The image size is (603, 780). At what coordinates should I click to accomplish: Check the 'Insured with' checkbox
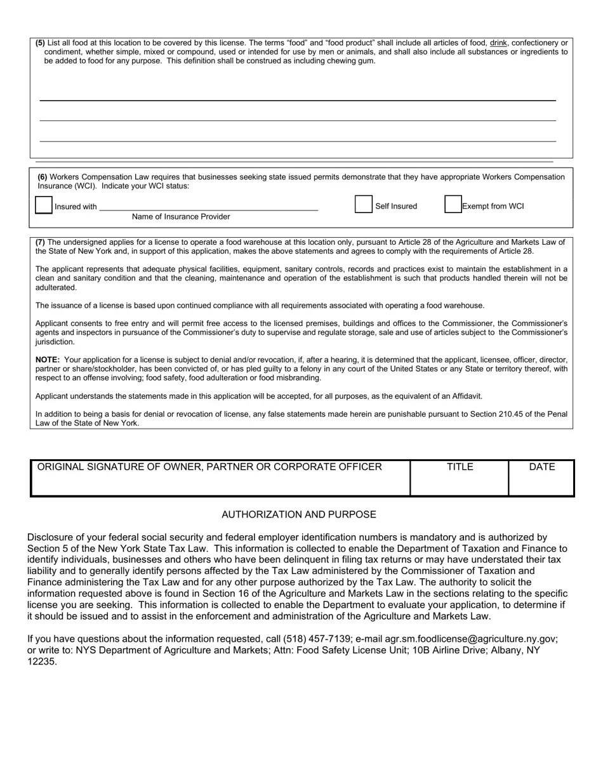[x=44, y=205]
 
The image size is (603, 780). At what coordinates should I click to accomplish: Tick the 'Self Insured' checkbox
[x=364, y=204]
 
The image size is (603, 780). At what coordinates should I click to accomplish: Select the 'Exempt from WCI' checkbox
[x=453, y=204]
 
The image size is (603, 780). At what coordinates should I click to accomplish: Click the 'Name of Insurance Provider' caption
[x=181, y=217]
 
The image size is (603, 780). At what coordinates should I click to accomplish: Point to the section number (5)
[x=40, y=43]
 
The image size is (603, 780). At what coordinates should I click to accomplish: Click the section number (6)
[x=42, y=177]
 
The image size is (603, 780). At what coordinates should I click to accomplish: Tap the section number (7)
[x=40, y=242]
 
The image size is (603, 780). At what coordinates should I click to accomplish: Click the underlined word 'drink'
[x=498, y=43]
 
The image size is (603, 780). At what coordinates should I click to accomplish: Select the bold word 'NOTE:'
[x=48, y=360]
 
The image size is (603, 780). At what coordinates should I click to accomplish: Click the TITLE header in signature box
[x=460, y=467]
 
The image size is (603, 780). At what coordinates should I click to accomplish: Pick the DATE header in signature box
[x=542, y=467]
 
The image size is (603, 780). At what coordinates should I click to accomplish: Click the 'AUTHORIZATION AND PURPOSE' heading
[x=299, y=514]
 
